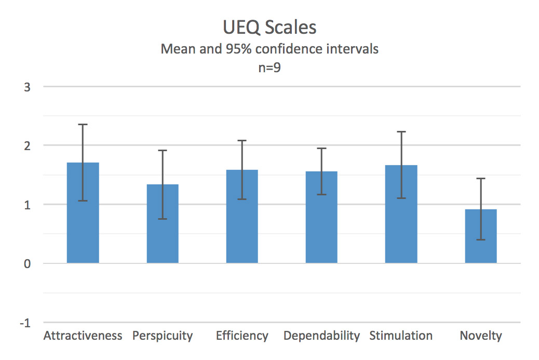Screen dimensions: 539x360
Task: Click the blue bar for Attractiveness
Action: pos(83,212)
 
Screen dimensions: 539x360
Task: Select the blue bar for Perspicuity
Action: pos(163,223)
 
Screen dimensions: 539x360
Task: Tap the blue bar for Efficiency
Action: pos(242,216)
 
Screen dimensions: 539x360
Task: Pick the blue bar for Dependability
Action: pos(321,217)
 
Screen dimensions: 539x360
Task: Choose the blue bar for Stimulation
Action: pos(401,214)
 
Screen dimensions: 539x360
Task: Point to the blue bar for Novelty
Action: pos(481,236)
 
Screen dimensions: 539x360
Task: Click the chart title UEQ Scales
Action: pos(269,27)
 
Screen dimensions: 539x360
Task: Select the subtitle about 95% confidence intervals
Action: pos(269,49)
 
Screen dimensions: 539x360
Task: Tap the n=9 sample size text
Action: pos(269,68)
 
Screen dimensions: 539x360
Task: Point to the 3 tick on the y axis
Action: pos(27,87)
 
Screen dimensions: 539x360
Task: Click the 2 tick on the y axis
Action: pos(27,146)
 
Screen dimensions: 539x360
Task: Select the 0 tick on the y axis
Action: pos(27,264)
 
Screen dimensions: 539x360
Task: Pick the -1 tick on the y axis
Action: pos(25,323)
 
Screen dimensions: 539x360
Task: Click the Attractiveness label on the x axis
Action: pos(83,336)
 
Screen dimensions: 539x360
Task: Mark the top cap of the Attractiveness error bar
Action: pos(83,125)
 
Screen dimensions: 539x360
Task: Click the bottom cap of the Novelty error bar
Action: pos(481,239)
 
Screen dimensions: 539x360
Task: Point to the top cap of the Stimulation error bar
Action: pos(401,132)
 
